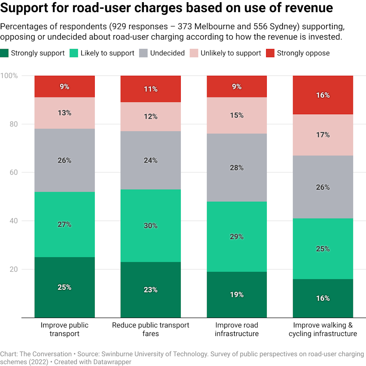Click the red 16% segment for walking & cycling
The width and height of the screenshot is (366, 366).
[323, 95]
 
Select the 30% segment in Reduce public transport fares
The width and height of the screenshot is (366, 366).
[150, 225]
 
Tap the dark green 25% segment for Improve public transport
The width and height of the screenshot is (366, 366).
[64, 287]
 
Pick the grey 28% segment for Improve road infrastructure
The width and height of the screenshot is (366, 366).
[237, 167]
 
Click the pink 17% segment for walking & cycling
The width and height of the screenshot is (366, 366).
[323, 135]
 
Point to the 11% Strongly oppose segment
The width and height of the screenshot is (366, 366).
[150, 89]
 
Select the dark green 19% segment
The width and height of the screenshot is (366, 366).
[237, 294]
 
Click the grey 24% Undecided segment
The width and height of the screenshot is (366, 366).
[150, 160]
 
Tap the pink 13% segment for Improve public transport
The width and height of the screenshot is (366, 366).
[64, 113]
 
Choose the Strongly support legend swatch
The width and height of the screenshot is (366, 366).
[5, 53]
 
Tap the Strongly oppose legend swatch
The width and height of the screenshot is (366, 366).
[270, 53]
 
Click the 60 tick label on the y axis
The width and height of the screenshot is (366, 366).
[14, 172]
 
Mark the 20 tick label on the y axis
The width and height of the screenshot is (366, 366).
[14, 269]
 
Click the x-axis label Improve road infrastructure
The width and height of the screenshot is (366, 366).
[237, 329]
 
